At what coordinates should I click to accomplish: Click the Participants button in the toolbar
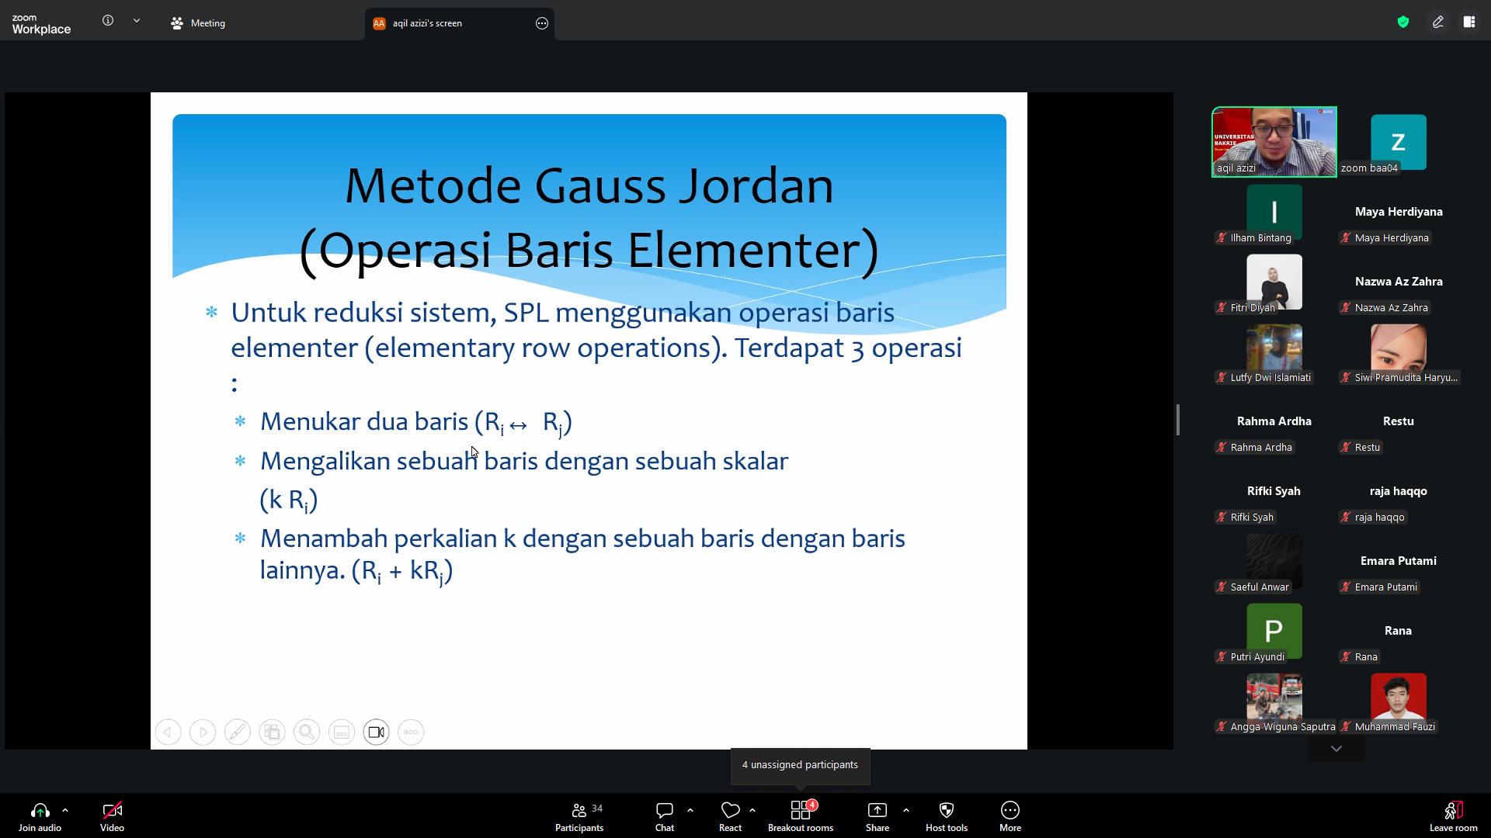coord(579,816)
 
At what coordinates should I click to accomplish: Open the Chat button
coord(665,816)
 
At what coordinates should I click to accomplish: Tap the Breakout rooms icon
coord(801,810)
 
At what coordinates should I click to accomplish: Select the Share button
coord(878,816)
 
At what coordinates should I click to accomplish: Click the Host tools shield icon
coord(947,810)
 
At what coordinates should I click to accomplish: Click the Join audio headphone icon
coord(40,810)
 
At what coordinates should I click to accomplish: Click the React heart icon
coord(730,810)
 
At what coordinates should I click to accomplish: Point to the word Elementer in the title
coord(753,250)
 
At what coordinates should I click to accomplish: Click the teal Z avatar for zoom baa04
coord(1399,142)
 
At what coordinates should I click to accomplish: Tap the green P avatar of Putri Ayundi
coord(1274,631)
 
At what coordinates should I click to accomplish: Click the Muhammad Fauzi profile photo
coord(1399,697)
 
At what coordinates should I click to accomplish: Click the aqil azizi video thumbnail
coord(1274,142)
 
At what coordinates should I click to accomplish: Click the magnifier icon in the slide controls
coord(307,732)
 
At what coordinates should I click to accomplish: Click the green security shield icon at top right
coord(1403,22)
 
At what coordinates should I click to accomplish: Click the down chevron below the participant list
coord(1336,749)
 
